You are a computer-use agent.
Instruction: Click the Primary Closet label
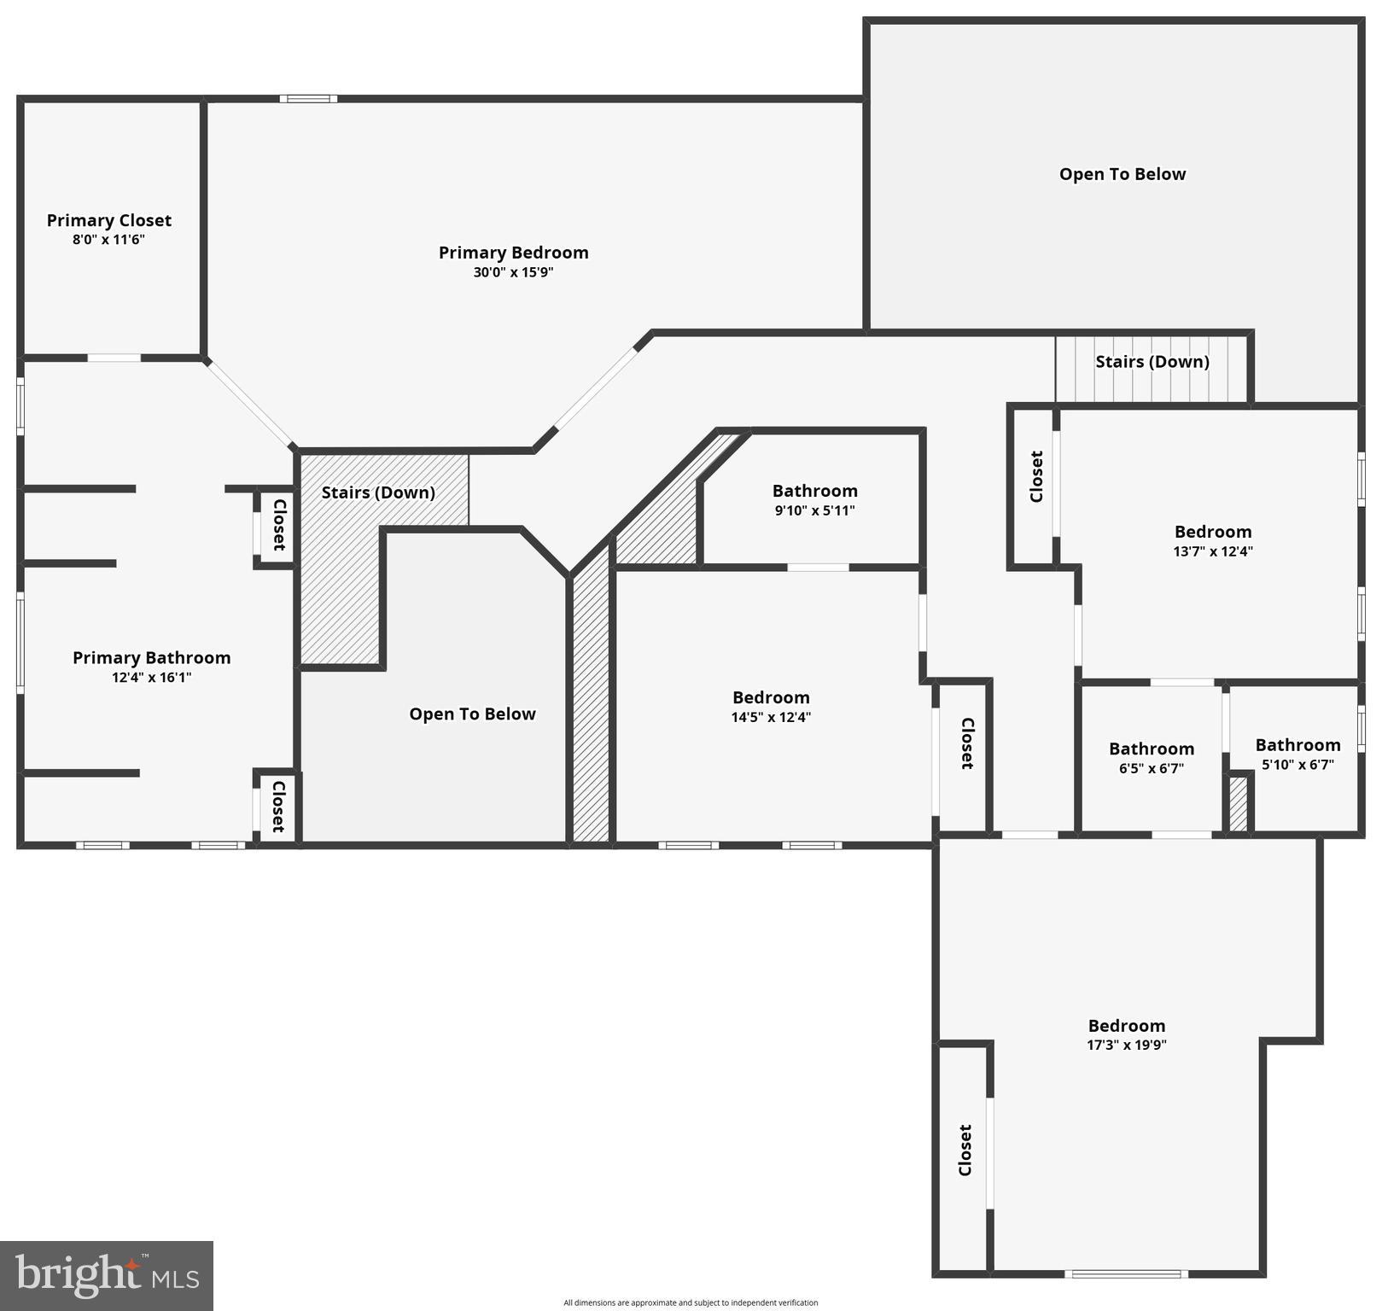tap(108, 220)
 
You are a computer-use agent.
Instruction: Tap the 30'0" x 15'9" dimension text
tap(513, 272)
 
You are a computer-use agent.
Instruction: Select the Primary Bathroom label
tap(151, 657)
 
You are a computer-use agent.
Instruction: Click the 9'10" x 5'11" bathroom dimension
tap(814, 510)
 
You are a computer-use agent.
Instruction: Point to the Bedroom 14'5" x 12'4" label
tap(770, 698)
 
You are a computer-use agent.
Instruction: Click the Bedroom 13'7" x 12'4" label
tap(1212, 532)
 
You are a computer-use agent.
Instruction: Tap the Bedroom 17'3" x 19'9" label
tap(1126, 1026)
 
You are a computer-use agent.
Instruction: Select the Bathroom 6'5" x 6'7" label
tap(1151, 749)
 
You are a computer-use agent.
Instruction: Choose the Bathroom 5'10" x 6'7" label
tap(1297, 745)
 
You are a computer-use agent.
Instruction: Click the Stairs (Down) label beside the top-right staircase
tap(1152, 361)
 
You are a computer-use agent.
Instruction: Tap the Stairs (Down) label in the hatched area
tap(377, 492)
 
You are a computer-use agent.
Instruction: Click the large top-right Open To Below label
tap(1122, 174)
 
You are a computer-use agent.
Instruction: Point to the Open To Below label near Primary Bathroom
tap(472, 714)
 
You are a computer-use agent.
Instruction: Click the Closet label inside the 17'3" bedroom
tap(965, 1150)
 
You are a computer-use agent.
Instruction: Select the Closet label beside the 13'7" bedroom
tap(1035, 476)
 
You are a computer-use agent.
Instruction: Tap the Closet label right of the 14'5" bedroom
tap(966, 743)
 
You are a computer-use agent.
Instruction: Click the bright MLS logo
tap(107, 1275)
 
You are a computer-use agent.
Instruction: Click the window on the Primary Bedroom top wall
tap(308, 99)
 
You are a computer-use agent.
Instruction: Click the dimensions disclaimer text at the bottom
tap(690, 1302)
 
